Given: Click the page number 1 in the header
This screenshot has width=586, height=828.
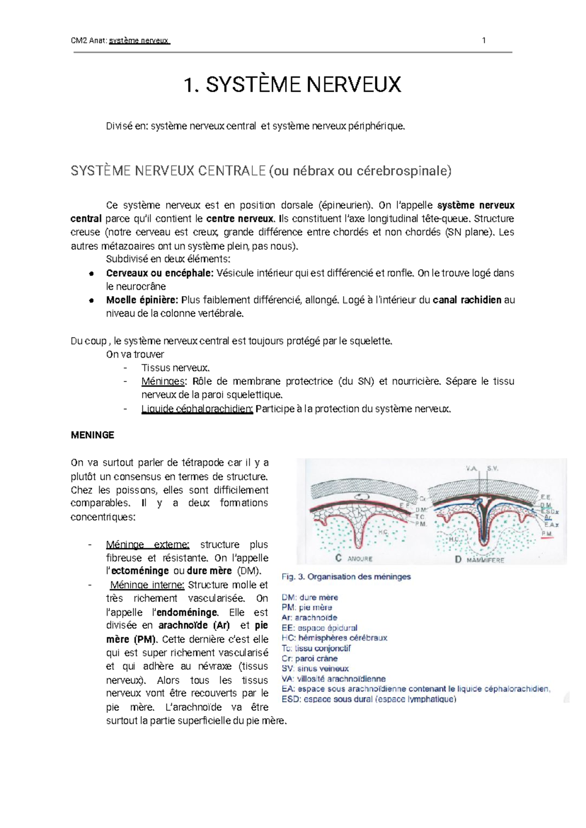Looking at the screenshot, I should point(483,40).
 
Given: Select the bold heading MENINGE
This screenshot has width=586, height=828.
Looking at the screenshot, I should point(92,435).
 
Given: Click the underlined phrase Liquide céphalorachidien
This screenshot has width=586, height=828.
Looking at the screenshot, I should point(197,409).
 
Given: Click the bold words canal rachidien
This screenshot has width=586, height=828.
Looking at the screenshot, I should point(467,300).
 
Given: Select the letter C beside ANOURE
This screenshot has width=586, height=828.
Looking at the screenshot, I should point(338,558).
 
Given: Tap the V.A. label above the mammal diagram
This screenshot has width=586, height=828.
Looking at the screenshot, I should point(471,468).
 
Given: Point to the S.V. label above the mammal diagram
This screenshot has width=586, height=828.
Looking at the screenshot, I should point(492,468).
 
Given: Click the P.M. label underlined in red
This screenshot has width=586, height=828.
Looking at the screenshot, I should point(547,534).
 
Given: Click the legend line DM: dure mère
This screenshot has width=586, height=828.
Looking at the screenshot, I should point(310,597).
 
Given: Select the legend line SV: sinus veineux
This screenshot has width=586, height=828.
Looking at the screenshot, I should point(315,668).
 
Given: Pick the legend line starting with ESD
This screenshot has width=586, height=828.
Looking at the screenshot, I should point(369,699).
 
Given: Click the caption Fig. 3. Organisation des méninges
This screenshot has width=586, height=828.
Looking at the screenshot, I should point(346,577).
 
